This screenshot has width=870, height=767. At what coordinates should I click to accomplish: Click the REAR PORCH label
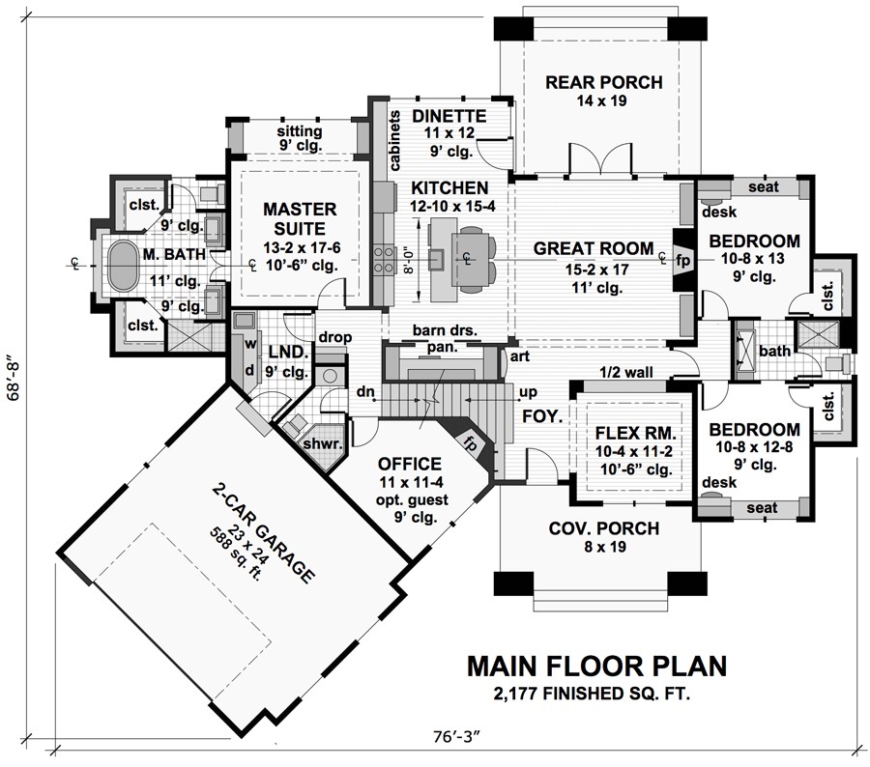[603, 82]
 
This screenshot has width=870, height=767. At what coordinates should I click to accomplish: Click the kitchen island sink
[438, 258]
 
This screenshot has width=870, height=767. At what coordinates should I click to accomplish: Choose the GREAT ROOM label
[593, 248]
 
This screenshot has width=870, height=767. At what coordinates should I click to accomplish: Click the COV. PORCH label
[603, 527]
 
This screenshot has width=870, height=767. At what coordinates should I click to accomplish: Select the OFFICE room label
[410, 463]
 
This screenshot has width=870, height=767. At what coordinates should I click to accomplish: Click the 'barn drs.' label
[445, 330]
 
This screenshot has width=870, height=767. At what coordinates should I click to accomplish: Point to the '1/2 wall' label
[624, 372]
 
